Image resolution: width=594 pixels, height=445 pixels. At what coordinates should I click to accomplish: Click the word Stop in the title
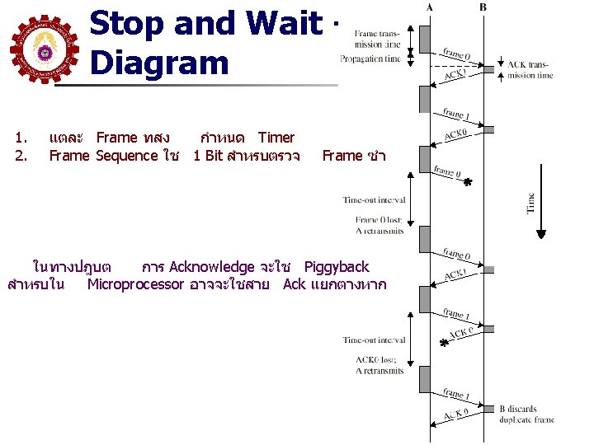tap(129, 25)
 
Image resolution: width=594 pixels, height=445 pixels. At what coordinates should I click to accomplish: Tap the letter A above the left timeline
tap(429, 7)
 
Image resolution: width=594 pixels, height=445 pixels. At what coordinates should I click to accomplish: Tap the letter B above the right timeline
tap(483, 7)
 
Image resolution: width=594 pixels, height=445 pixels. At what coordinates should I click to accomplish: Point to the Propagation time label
tap(370, 59)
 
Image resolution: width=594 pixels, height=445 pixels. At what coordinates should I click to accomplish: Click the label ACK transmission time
tap(530, 70)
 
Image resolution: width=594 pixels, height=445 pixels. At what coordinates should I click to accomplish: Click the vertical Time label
tap(530, 202)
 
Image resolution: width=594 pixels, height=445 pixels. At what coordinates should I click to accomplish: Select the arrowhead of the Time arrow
tap(541, 233)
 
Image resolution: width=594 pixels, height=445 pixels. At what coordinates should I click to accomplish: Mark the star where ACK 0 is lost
tap(445, 343)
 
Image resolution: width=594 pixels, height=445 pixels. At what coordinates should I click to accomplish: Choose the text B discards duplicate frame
tap(526, 414)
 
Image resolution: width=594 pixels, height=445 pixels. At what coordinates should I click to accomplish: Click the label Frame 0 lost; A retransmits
tap(379, 225)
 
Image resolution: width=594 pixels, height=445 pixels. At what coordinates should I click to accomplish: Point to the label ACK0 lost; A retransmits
tap(379, 365)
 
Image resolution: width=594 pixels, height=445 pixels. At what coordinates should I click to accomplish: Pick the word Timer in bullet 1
tap(276, 138)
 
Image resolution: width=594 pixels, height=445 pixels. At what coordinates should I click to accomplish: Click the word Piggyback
tap(337, 267)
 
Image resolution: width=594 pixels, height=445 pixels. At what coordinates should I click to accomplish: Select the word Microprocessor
tap(135, 285)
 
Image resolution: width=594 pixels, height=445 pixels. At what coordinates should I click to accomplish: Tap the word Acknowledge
tap(211, 267)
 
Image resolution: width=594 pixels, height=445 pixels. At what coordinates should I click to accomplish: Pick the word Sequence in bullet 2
tap(130, 156)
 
